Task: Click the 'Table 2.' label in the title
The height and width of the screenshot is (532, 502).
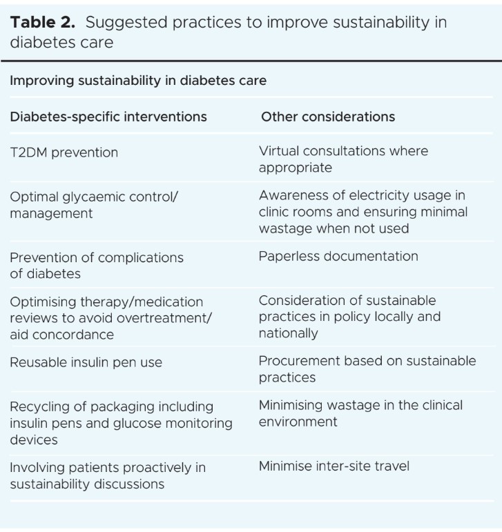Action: [x=44, y=22]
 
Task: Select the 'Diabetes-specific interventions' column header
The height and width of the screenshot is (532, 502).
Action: [x=108, y=117]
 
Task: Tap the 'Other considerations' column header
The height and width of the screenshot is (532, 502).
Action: [x=328, y=117]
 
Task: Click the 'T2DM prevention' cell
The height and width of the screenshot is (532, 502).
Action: [x=64, y=152]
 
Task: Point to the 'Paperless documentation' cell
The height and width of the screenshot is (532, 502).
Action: [x=338, y=256]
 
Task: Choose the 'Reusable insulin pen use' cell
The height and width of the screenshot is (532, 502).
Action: [x=86, y=362]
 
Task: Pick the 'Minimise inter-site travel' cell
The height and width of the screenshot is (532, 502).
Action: [x=334, y=466]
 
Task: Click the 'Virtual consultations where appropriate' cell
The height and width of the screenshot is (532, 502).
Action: [x=343, y=159]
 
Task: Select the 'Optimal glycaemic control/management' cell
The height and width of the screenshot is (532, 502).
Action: [x=94, y=204]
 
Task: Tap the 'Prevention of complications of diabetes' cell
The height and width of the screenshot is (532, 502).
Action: [x=97, y=265]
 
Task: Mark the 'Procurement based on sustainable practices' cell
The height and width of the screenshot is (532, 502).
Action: [x=367, y=368]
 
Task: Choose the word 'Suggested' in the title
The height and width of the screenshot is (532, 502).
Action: [x=126, y=22]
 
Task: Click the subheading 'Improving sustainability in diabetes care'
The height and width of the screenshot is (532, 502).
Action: [x=138, y=81]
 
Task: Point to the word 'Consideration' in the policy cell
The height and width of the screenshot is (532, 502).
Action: [x=299, y=301]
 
